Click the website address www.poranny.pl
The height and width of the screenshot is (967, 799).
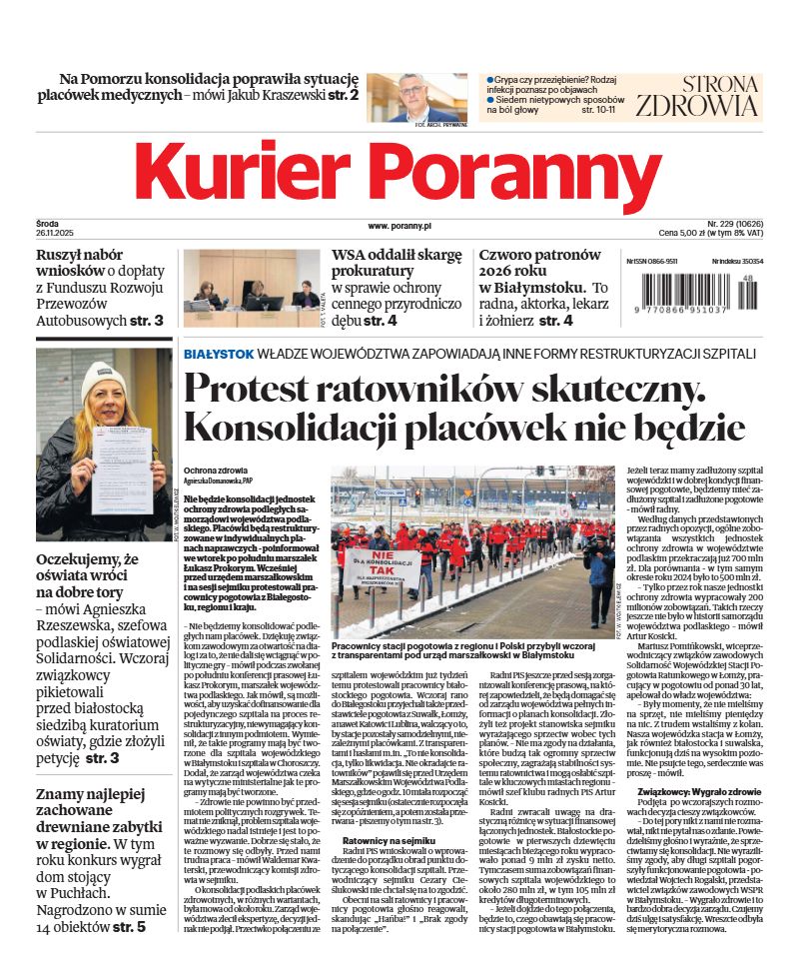399,227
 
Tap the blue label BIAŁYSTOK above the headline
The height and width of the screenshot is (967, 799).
218,354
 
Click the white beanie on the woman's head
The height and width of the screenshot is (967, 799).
103,378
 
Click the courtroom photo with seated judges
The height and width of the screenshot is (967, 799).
251,289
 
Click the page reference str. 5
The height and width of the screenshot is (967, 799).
128,927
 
